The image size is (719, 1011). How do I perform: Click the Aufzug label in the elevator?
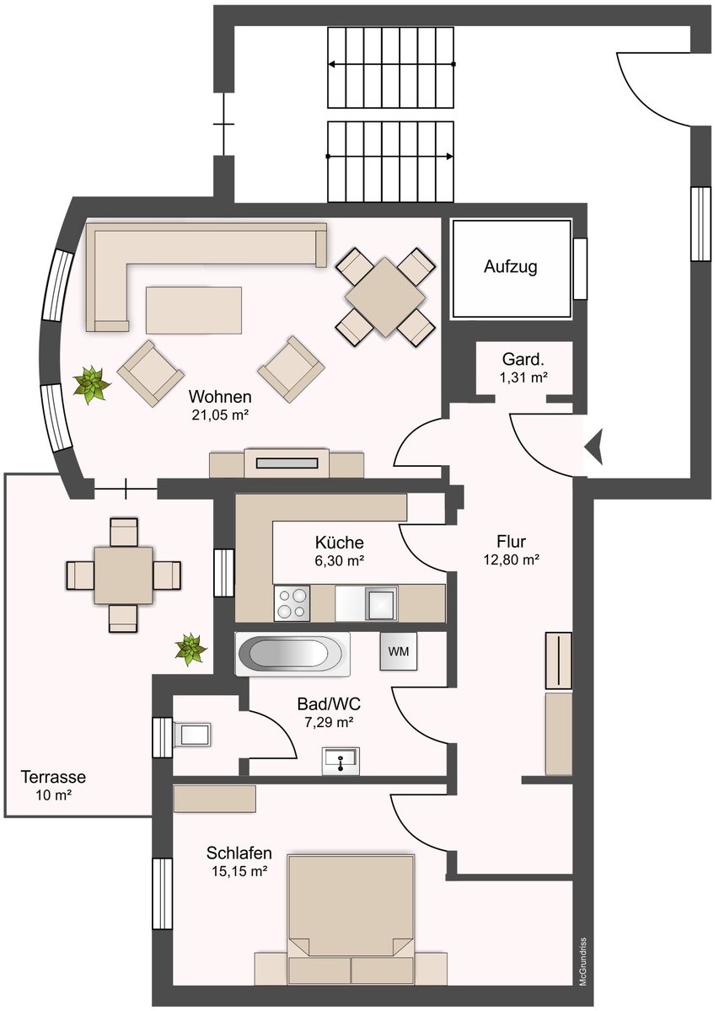point(510,267)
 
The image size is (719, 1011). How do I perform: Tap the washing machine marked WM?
point(399,651)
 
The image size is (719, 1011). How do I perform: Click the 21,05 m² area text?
point(221,415)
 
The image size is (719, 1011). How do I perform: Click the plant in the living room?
point(92,384)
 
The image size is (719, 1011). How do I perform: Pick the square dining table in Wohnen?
point(385,297)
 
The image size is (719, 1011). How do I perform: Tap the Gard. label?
point(523,360)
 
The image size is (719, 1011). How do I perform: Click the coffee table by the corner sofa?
point(193,310)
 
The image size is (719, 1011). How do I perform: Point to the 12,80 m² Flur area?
point(512,560)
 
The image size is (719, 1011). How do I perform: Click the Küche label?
point(339,542)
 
